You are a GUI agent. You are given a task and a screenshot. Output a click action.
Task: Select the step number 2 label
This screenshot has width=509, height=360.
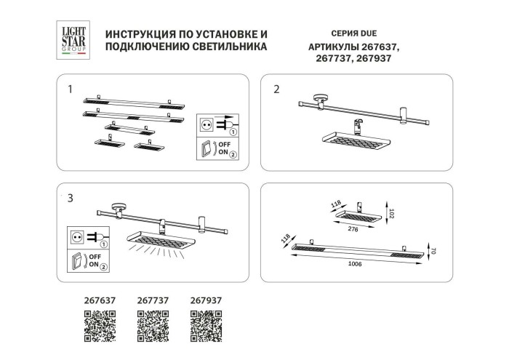point(276,89)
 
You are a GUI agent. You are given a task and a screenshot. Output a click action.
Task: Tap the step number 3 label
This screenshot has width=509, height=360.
point(69,198)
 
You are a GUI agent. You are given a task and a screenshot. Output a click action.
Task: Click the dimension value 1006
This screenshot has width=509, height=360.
point(356,263)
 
